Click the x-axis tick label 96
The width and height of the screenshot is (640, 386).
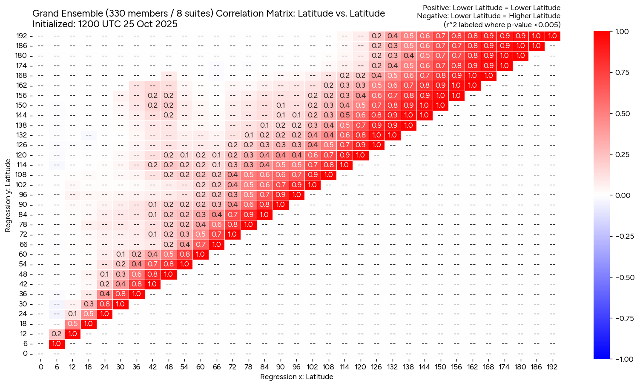[296, 366]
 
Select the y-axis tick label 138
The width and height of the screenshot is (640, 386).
[22, 125]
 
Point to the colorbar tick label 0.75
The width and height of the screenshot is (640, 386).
[623, 72]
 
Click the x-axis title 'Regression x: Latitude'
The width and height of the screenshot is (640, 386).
[296, 377]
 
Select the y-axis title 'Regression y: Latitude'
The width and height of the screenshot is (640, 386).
[8, 195]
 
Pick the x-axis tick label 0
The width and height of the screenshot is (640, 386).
[40, 366]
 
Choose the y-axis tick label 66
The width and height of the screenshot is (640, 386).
[23, 244]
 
